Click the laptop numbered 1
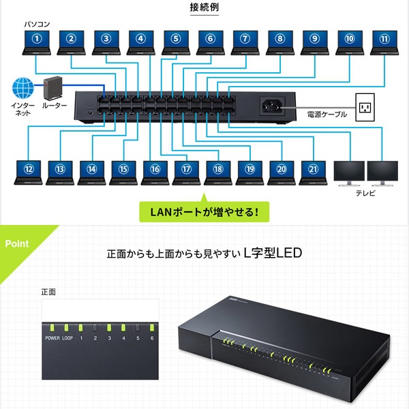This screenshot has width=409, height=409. pos(37,43)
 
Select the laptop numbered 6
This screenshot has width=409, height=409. pos(211,43)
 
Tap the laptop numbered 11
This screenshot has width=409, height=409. pos(384,43)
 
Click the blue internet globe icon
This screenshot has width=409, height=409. pos(22,89)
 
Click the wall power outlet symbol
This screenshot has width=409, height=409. pos(367,106)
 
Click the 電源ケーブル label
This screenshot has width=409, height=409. pos(327,115)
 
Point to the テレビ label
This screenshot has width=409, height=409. pos(365,194)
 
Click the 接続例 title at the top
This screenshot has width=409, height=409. pos(204,8)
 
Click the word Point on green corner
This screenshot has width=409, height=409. pos(16,243)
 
